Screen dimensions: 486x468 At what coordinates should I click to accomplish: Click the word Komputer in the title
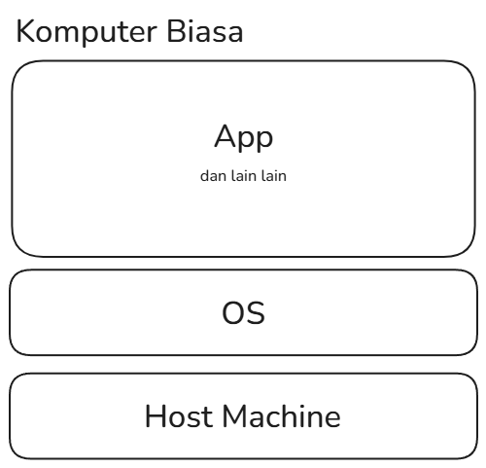(x=87, y=32)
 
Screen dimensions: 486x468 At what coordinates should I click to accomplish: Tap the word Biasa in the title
(x=205, y=31)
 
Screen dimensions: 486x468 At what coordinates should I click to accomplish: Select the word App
(x=244, y=138)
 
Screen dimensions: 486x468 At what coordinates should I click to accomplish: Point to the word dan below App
(x=213, y=176)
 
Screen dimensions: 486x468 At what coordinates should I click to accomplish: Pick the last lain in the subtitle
(x=274, y=176)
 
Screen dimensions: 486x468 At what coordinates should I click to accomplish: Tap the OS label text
(x=244, y=313)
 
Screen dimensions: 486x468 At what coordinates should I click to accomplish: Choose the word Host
(x=181, y=416)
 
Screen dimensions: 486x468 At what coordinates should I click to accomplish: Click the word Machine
(x=281, y=416)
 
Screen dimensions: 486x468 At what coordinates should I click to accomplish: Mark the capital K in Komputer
(x=24, y=31)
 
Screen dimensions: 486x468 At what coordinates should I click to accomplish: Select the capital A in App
(x=225, y=136)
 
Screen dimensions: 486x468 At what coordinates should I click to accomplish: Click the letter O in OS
(x=233, y=313)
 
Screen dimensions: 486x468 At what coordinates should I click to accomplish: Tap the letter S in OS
(x=257, y=313)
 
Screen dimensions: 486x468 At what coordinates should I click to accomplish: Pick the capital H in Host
(x=155, y=416)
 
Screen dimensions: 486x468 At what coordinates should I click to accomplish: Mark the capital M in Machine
(x=235, y=416)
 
